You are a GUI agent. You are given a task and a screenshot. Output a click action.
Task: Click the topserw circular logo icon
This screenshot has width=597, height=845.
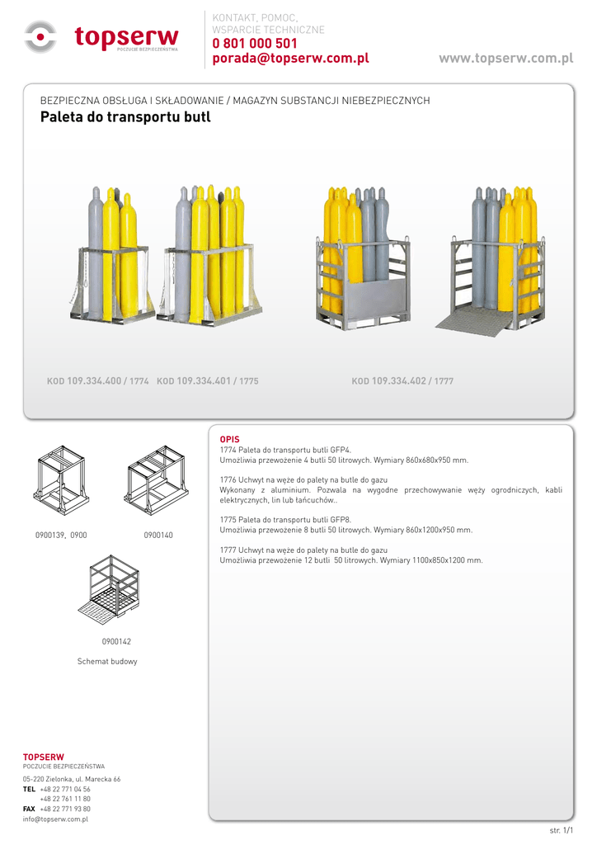[40, 36]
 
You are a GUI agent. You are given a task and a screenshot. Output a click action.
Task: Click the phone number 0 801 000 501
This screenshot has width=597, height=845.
[255, 43]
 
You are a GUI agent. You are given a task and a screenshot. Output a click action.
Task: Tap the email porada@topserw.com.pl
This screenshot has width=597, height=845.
[291, 59]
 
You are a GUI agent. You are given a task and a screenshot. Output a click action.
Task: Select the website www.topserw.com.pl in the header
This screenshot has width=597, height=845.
[506, 59]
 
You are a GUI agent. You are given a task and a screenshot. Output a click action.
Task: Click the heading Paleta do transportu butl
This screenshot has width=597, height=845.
[125, 117]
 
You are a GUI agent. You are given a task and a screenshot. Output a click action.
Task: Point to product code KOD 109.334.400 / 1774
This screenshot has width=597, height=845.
[98, 381]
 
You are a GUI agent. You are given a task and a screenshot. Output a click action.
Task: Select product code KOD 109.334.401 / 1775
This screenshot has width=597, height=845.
[208, 381]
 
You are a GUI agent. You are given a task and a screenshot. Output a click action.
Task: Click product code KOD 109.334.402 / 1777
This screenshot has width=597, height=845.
[402, 381]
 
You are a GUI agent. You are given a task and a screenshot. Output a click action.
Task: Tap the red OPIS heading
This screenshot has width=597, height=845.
[230, 439]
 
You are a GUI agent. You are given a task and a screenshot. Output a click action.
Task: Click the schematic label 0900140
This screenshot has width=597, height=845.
[158, 535]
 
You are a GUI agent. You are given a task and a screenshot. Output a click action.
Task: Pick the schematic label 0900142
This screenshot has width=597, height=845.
[116, 641]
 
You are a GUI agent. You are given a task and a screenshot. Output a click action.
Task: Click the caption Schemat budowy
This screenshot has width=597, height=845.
[107, 661]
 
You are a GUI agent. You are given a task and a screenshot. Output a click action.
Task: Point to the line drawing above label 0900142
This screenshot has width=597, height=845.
[109, 590]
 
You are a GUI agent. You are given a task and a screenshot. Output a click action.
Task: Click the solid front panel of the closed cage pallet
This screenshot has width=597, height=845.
[375, 299]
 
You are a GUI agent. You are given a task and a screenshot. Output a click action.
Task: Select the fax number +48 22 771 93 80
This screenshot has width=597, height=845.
[65, 809]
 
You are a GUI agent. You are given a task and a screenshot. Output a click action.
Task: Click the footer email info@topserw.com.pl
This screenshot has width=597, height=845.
[55, 819]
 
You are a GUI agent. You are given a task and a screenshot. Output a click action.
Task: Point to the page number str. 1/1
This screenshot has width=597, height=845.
[562, 830]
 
